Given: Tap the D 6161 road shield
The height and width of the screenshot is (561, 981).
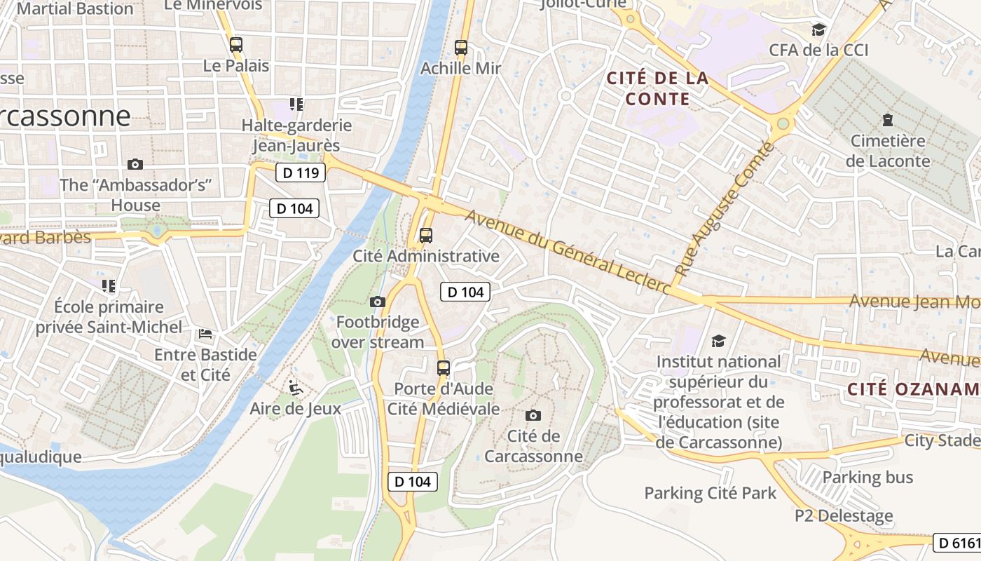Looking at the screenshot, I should point(959,543).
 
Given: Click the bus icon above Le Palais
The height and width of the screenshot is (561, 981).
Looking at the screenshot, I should point(236,45).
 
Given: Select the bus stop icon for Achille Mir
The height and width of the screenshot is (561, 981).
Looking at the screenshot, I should point(460,48).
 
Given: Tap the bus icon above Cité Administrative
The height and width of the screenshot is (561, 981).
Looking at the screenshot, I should point(425,236).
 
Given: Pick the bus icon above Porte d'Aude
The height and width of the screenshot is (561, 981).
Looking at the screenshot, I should point(443,368).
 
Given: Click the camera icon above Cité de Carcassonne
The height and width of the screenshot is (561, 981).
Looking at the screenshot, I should point(533,415).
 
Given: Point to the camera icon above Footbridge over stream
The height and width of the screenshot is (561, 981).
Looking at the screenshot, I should point(377,302).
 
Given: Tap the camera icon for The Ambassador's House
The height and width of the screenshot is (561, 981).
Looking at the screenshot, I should point(135,164).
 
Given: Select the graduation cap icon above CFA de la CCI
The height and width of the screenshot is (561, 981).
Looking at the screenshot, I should point(818,29).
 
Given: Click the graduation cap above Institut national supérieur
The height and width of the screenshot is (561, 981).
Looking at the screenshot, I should point(718,341).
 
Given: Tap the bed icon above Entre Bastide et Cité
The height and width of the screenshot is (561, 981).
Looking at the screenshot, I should point(205,334).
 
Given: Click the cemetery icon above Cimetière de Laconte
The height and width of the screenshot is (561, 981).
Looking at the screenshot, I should point(888,120).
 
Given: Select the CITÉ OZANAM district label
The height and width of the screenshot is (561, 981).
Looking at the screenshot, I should point(913,389).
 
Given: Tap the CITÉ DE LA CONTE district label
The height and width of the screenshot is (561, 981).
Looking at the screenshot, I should point(657,88).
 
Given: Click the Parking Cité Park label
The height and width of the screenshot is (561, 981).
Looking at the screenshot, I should point(710,493).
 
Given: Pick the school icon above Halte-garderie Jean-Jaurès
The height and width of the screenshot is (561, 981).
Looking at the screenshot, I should point(296,104).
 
